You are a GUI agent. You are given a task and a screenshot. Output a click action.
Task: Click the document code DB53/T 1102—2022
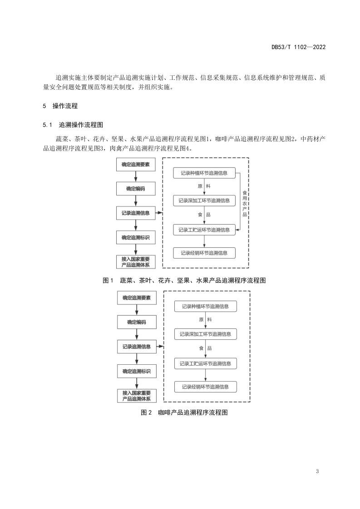[x=299, y=47]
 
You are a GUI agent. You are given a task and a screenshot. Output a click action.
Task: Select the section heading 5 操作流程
[x=60, y=106]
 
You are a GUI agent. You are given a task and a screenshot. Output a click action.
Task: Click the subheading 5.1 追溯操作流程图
[x=73, y=125]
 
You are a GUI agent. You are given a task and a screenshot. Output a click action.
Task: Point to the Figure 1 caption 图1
[x=108, y=280]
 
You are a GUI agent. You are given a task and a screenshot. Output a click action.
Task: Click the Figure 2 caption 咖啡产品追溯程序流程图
[x=193, y=412]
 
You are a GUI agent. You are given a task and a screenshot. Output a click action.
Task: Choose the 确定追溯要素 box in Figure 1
[x=136, y=165]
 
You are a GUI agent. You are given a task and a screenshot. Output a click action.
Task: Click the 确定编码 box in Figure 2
[x=137, y=323]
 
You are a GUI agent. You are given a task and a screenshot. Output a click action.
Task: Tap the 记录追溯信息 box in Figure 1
[x=136, y=213]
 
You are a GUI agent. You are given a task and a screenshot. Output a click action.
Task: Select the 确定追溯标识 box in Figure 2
[x=137, y=372]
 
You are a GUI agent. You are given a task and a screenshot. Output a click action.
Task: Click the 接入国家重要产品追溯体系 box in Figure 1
[x=136, y=262]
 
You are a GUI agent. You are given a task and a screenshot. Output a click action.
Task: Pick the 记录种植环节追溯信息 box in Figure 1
[x=204, y=173]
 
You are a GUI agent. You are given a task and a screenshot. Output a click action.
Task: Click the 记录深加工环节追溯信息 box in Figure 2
[x=205, y=334]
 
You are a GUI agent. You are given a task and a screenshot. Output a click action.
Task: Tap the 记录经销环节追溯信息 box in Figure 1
[x=204, y=253]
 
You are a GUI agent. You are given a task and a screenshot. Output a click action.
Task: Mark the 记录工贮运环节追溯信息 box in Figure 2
[x=205, y=363]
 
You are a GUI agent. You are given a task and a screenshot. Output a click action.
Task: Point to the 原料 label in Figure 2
[x=205, y=320]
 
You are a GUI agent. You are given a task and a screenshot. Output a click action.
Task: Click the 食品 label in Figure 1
[x=204, y=215]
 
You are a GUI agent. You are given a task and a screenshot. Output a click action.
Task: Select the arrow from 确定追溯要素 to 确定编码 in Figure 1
[x=136, y=176]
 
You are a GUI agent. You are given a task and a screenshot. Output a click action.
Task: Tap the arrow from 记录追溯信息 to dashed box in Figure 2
[x=160, y=347]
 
